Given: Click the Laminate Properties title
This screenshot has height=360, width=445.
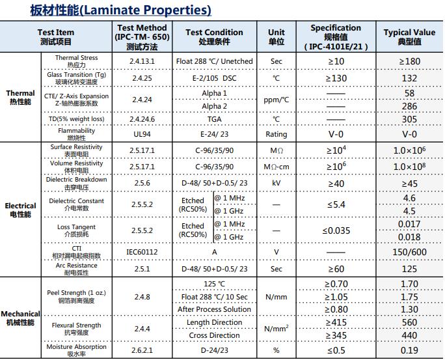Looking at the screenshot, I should point(120,10).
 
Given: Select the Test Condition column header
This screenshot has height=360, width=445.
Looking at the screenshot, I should point(214,37).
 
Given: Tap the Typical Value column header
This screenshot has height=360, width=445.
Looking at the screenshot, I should point(409,37).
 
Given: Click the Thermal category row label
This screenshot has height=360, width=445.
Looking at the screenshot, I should point(20,98).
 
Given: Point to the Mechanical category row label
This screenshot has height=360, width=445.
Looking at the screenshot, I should point(20,318).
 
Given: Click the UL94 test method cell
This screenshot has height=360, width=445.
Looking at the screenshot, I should point(141,135).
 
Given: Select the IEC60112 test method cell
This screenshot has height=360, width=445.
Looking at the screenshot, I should point(141,251).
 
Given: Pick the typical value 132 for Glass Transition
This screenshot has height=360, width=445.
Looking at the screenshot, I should point(409,78).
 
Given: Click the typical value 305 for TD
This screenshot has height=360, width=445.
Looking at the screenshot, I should point(409,119).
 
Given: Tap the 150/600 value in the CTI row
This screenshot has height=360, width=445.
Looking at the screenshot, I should point(409,251).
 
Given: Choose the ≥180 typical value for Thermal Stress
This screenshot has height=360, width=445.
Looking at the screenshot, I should point(409,62).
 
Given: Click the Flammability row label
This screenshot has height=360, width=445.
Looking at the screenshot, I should point(76,135).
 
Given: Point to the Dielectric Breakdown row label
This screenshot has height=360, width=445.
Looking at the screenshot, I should point(76,184).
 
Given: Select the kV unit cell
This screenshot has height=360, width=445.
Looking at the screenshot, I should point(276,184).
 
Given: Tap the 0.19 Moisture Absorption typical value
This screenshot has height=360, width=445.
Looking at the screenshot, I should point(409,350).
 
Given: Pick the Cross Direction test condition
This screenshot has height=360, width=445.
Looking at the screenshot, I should point(214,336).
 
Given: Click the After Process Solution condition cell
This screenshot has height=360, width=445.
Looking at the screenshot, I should point(214,309).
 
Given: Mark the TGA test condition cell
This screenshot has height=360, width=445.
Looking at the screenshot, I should point(214,119).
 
